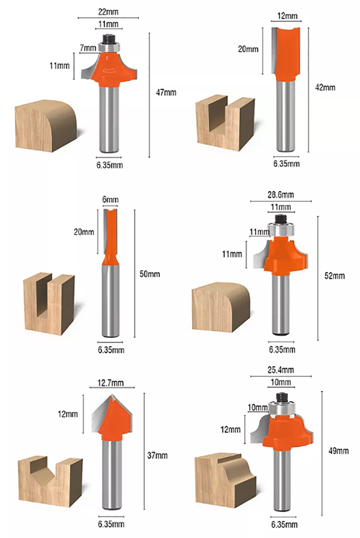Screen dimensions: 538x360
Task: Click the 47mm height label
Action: pyautogui.click(x=167, y=92)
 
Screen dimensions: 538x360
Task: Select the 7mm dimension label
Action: pyautogui.click(x=88, y=48)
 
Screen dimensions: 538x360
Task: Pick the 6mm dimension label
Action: pyautogui.click(x=111, y=199)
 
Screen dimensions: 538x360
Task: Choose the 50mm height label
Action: pyautogui.click(x=152, y=274)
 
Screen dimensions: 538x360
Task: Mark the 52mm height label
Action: pyautogui.click(x=335, y=276)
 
